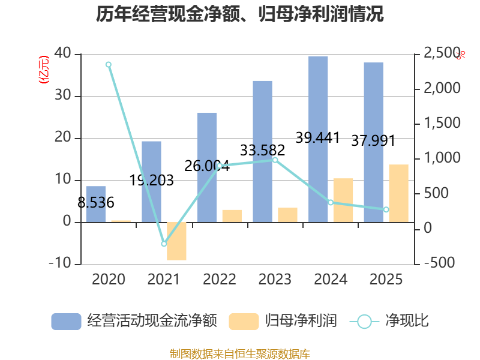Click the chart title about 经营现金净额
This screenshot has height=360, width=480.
240,14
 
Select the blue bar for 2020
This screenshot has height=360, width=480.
95,204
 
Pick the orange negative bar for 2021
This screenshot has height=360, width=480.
176,241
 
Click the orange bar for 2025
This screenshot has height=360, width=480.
398,193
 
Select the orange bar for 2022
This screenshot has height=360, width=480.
232,216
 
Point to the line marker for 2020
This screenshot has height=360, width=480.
109,64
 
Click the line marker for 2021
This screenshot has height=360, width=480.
164,244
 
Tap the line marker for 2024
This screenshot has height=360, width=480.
331,202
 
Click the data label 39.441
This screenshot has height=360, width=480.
318,138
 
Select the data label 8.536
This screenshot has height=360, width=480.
96,203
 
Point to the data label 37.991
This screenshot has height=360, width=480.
373,141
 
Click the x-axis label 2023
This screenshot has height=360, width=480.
275,280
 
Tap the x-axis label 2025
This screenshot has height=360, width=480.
386,280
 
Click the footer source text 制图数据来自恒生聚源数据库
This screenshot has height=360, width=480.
240,353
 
